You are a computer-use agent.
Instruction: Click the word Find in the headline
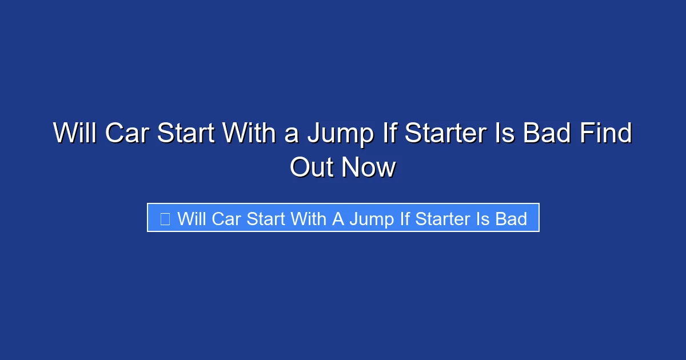(x=606, y=134)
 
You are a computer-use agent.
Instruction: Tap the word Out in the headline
(x=311, y=167)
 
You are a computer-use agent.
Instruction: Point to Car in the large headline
(x=126, y=134)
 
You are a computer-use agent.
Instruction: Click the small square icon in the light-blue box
(x=165, y=218)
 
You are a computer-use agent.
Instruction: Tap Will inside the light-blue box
(x=192, y=218)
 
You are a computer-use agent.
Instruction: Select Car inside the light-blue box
(x=226, y=218)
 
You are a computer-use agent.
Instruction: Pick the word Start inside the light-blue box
(x=266, y=218)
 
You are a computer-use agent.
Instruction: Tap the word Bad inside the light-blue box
(x=511, y=218)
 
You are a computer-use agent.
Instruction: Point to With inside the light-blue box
(x=309, y=218)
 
